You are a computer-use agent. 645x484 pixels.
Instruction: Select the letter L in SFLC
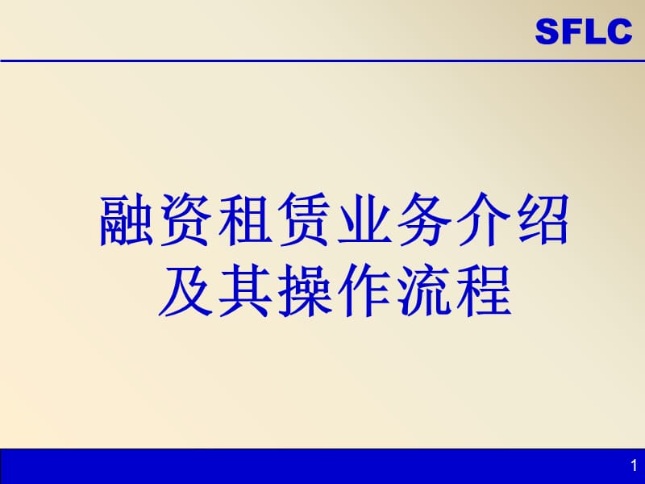coord(592,33)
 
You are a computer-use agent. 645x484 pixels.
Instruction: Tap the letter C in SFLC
coord(618,33)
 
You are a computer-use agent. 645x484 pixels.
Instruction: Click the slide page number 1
coord(631,466)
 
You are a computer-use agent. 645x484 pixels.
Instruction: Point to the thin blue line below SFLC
coord(322,60)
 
